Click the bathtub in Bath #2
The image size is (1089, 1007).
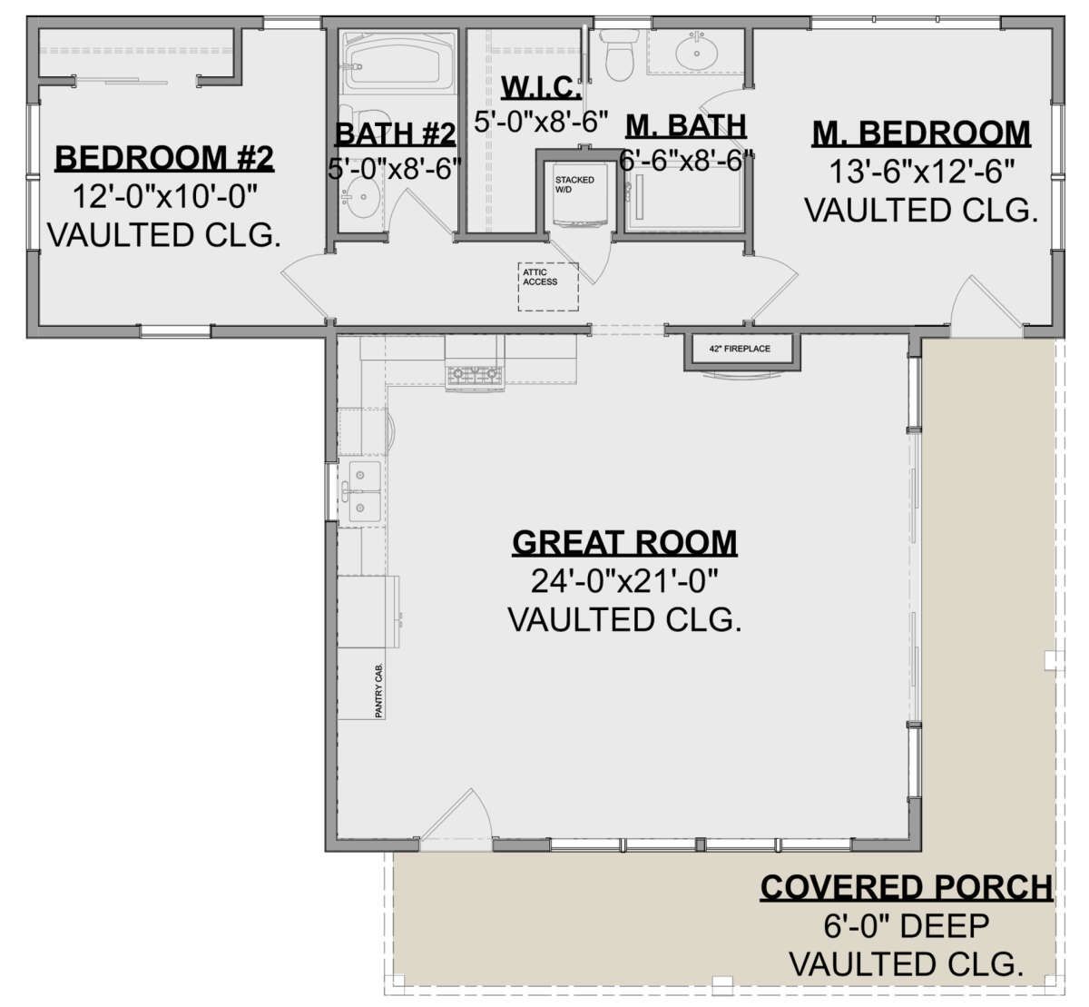pyautogui.click(x=399, y=64)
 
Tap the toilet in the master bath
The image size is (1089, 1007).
pyautogui.click(x=619, y=54)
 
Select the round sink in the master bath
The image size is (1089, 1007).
pyautogui.click(x=696, y=53)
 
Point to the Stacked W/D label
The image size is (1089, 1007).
pyautogui.click(x=574, y=184)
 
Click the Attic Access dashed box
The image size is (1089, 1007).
pyautogui.click(x=548, y=287)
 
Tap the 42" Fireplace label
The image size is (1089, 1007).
pyautogui.click(x=740, y=349)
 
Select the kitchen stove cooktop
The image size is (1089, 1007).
pyautogui.click(x=475, y=376)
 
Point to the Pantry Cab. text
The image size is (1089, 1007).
pyautogui.click(x=379, y=690)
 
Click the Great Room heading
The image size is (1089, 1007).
pyautogui.click(x=624, y=543)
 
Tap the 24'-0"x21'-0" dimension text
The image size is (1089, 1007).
pyautogui.click(x=624, y=581)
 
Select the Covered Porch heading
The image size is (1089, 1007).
pyautogui.click(x=907, y=887)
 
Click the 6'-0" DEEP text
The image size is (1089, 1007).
pyautogui.click(x=907, y=926)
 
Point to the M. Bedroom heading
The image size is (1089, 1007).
pyautogui.click(x=921, y=133)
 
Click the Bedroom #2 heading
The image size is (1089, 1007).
pyautogui.click(x=164, y=158)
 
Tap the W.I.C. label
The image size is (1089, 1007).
pyautogui.click(x=541, y=87)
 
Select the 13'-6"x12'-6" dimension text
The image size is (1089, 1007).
pyautogui.click(x=922, y=172)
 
